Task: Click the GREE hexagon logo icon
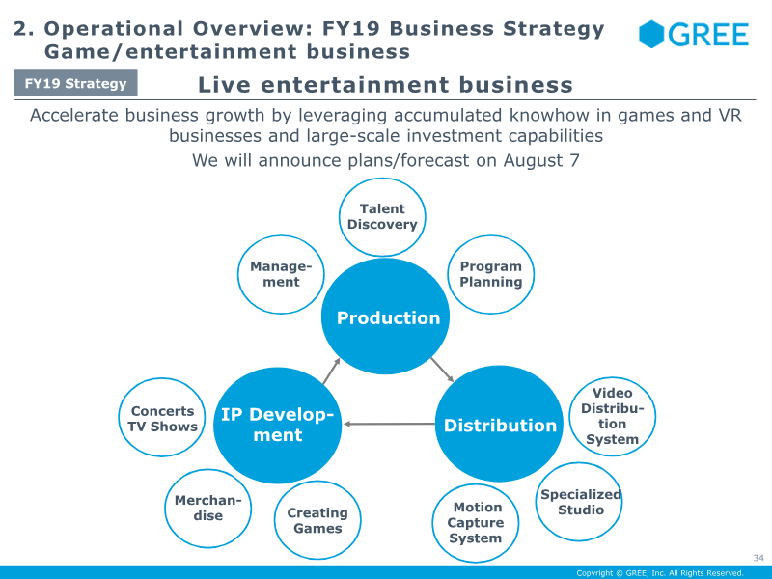pyautogui.click(x=651, y=35)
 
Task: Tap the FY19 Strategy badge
pyautogui.click(x=76, y=83)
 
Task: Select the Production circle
pyautogui.click(x=385, y=317)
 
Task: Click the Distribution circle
pyautogui.click(x=499, y=424)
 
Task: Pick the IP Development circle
pyautogui.click(x=278, y=425)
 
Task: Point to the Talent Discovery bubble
pyautogui.click(x=382, y=216)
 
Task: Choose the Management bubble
pyautogui.click(x=281, y=274)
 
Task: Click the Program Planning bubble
pyautogui.click(x=491, y=274)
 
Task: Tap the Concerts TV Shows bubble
pyautogui.click(x=162, y=418)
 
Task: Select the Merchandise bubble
pyautogui.click(x=207, y=509)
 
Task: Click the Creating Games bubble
pyautogui.click(x=317, y=520)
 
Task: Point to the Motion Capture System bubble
pyautogui.click(x=476, y=523)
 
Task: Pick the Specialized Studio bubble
pyautogui.click(x=579, y=502)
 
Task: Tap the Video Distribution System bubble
pyautogui.click(x=613, y=417)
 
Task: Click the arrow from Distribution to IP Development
pyautogui.click(x=389, y=424)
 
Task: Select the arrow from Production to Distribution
pyautogui.click(x=442, y=370)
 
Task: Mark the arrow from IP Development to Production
pyautogui.click(x=331, y=371)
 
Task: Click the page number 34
pyautogui.click(x=758, y=558)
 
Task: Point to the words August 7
pyautogui.click(x=541, y=161)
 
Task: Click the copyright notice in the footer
pyautogui.click(x=660, y=573)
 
